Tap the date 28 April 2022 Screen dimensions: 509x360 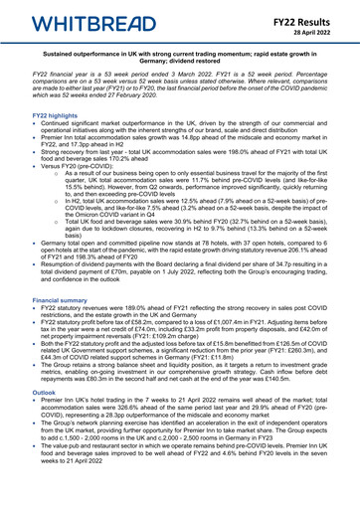click(318, 28)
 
